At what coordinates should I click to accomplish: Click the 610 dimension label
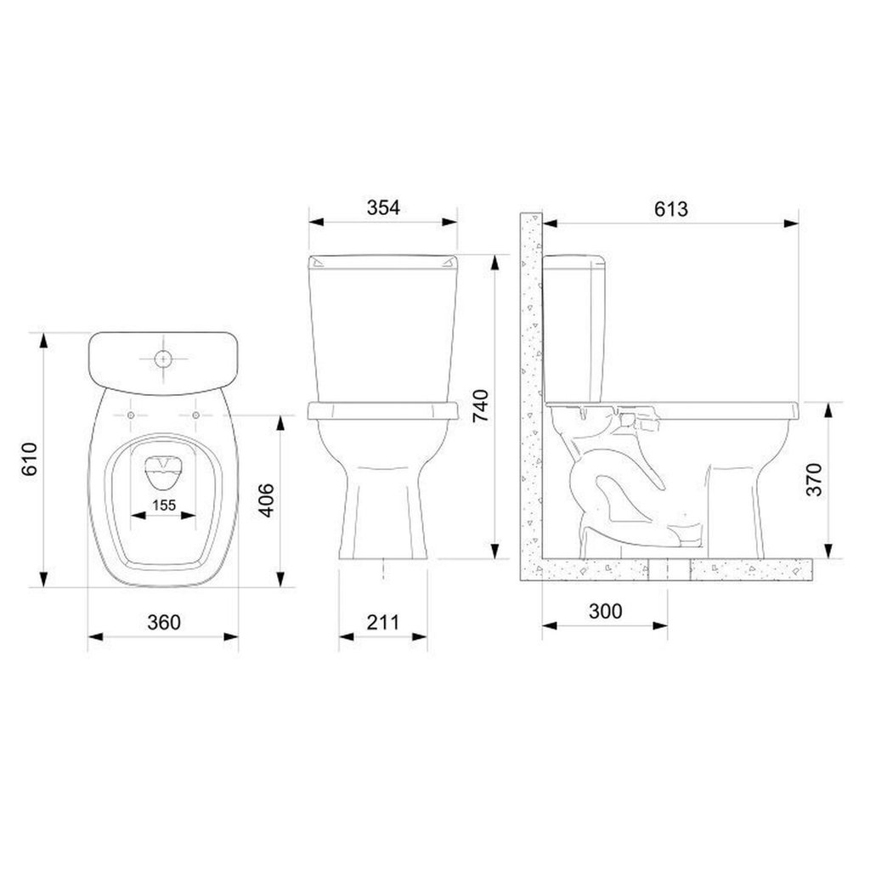coord(30,459)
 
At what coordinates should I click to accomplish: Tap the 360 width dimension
coord(164,623)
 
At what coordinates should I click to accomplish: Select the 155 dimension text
coord(164,506)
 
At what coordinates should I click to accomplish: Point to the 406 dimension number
coord(267,500)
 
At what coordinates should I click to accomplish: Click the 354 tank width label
coord(383,207)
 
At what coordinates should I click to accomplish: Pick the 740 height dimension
coord(481,406)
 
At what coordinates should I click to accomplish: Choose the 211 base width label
coord(383,623)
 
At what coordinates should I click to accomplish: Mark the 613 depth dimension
coord(671,209)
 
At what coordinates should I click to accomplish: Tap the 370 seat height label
coord(815,479)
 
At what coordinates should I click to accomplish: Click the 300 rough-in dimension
coord(605,612)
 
